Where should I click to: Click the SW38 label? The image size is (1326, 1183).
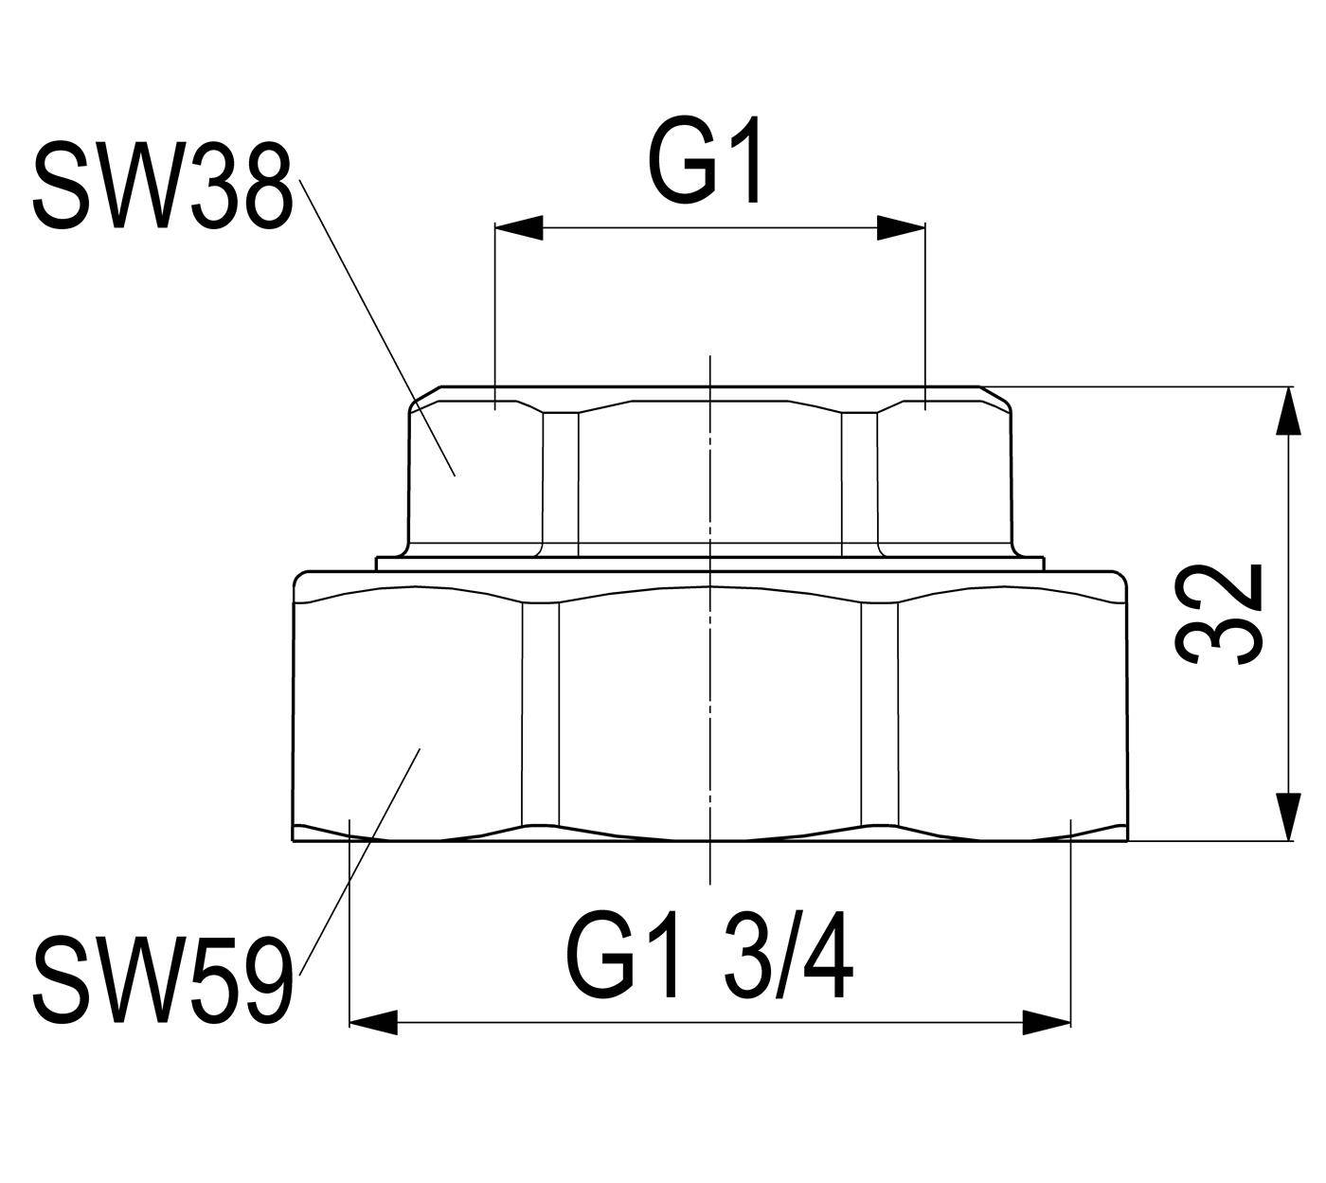(161, 186)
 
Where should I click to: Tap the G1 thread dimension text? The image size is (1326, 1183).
(706, 161)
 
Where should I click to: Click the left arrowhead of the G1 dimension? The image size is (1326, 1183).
(519, 228)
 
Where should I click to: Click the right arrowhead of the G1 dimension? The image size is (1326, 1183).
(902, 228)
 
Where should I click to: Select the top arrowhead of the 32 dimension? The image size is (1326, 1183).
(1289, 410)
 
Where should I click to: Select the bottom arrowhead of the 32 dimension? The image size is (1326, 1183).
(1289, 816)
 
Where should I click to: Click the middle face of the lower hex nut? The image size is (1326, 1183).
(710, 713)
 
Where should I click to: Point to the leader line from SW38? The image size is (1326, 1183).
(378, 327)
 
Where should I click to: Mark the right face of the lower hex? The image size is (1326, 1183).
(1012, 713)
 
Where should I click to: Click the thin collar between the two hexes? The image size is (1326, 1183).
(710, 565)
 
